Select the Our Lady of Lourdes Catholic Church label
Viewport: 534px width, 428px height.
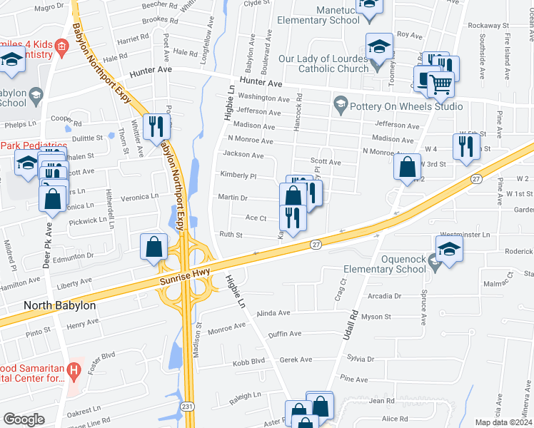(326, 63)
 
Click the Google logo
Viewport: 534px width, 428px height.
(24, 419)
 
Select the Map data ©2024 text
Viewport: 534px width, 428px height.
(503, 422)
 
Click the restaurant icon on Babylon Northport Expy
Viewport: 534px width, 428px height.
(155, 126)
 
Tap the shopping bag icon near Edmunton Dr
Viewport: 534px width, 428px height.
(154, 247)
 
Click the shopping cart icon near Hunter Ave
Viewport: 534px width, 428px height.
(440, 85)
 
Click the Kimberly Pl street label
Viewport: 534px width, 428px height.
(238, 175)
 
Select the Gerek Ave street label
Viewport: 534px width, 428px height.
(296, 360)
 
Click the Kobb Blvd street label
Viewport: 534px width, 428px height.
(248, 361)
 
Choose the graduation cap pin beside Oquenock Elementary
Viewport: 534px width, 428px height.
(449, 249)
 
